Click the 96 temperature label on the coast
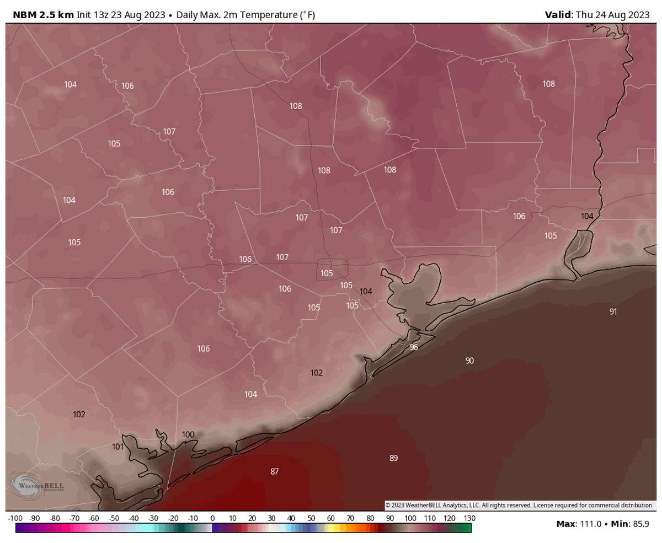tap(414, 347)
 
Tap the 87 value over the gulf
tap(274, 471)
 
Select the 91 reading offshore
tap(613, 311)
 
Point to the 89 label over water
tap(393, 458)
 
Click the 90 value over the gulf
tap(469, 361)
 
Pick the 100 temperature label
tap(188, 434)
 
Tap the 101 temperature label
tap(118, 447)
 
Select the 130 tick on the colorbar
tap(469, 518)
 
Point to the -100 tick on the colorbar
tap(15, 518)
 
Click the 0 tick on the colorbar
tap(212, 518)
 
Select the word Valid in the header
tap(558, 15)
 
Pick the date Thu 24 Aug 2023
tap(612, 15)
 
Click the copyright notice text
tap(519, 505)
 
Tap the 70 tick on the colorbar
tap(350, 518)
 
